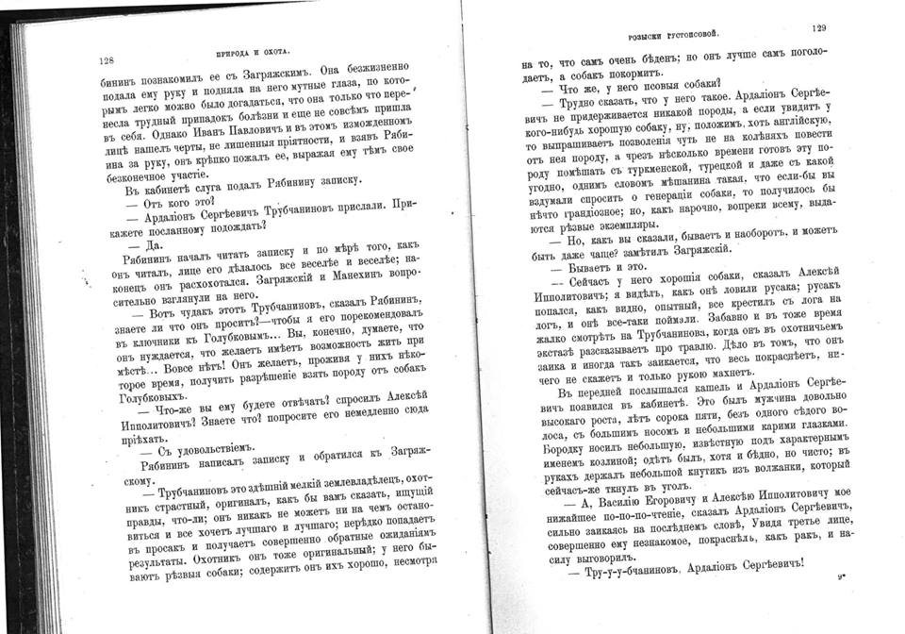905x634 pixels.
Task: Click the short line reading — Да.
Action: (x=149, y=243)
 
